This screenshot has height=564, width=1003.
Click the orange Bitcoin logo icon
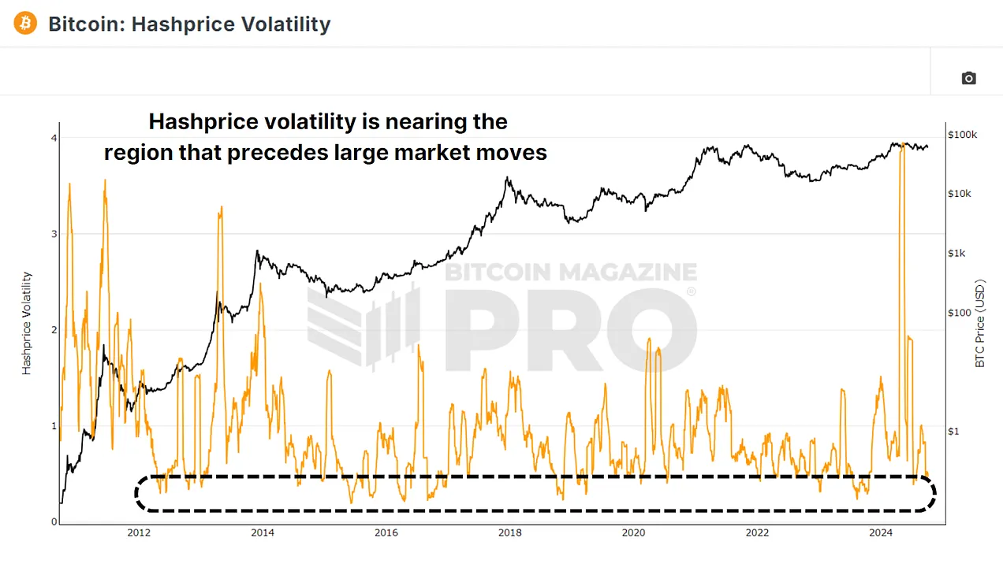coord(25,24)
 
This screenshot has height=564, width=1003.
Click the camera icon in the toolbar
coord(968,78)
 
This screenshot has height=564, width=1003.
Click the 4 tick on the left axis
coord(54,138)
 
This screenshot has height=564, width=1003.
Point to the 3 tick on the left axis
coord(54,234)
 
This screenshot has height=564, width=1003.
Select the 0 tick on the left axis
coord(54,522)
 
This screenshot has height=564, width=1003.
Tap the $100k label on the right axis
coord(963,135)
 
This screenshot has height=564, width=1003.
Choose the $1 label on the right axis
coord(953,431)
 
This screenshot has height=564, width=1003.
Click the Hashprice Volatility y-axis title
coord(27,323)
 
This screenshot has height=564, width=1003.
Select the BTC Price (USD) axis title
coord(980,323)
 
